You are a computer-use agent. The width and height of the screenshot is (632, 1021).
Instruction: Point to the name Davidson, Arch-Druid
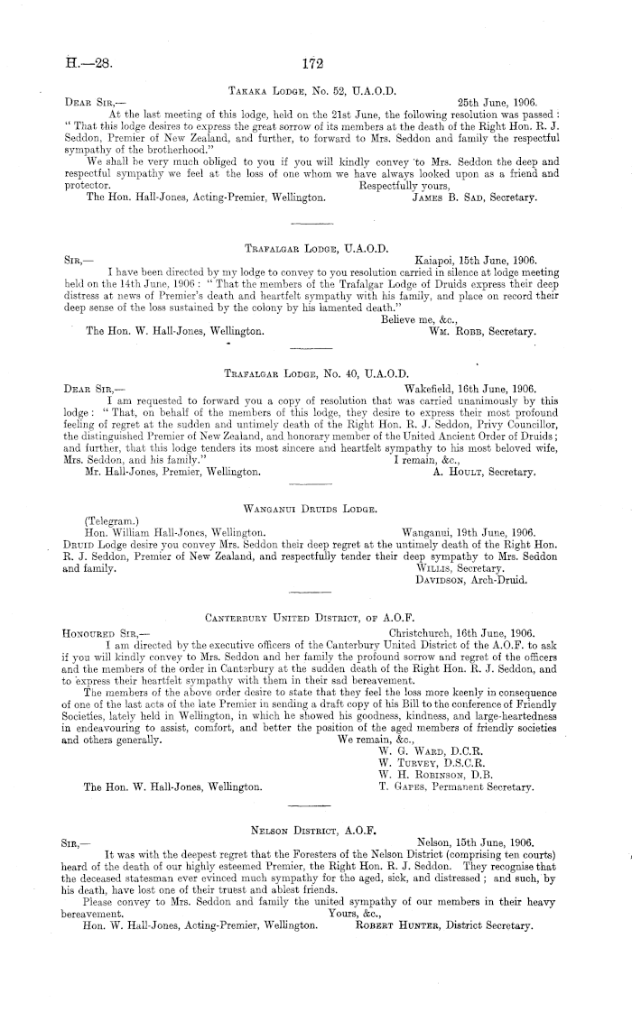click(x=463, y=581)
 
